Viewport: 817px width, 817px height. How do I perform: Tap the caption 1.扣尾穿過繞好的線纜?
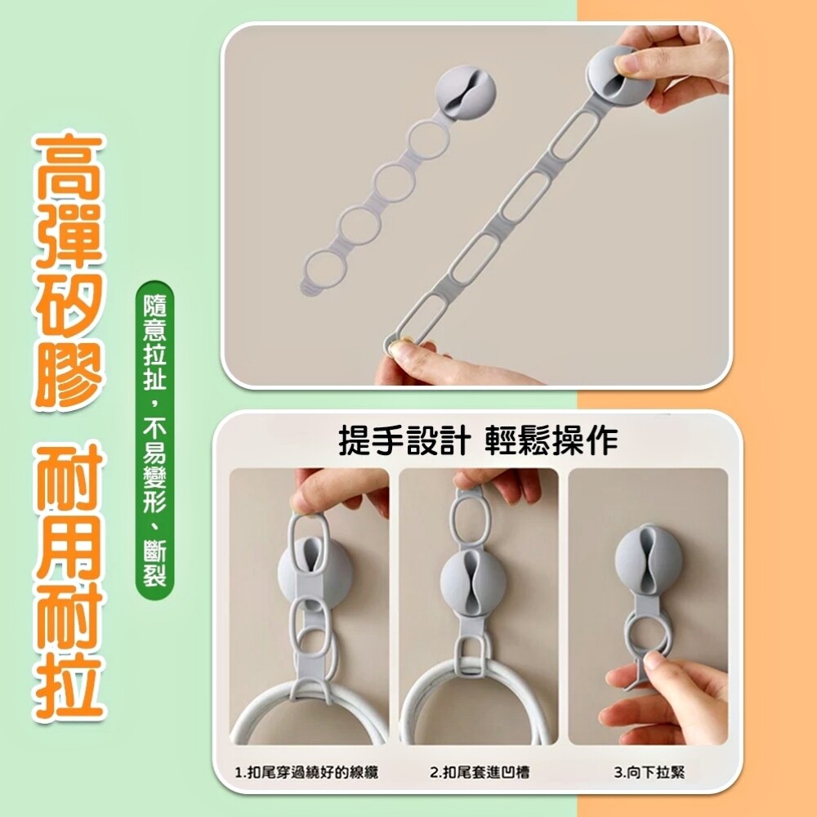306,772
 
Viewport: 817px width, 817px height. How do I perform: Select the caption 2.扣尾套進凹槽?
480,772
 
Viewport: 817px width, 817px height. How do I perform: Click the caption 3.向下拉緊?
650,772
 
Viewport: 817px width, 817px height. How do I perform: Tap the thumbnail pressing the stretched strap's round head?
624,64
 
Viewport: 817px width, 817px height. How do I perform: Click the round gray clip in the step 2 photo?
473,579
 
